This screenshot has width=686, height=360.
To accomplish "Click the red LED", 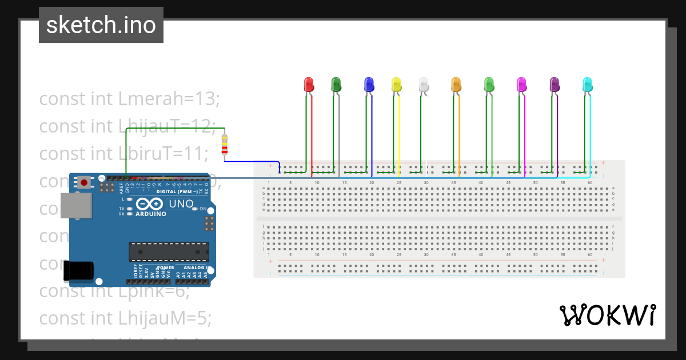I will point(309,85).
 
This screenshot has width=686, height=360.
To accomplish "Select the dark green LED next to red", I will point(336,85).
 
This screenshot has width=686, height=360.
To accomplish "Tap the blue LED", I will point(369,85).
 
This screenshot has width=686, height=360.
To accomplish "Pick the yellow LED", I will point(396,85).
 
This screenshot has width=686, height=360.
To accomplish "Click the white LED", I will point(423,85).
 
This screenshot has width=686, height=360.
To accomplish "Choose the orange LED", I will point(456,85).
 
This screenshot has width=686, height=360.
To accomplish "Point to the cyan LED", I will point(588,85).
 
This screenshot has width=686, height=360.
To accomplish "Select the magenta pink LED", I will point(521,85).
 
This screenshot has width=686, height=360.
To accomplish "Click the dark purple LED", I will point(555,85).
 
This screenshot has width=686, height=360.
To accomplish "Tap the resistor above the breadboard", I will point(225,145).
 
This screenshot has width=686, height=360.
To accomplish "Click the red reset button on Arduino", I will point(85,183).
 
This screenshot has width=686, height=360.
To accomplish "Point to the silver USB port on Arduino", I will point(76,206).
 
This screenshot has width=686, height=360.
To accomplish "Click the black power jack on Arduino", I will point(78,270).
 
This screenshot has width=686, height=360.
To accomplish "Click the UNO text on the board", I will point(181,204).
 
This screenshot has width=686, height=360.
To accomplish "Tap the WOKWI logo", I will point(607,315).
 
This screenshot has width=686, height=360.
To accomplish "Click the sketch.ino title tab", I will point(101,25).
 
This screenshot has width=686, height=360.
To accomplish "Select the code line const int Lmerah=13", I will point(129,98).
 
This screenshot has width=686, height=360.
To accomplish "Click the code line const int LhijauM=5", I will point(125,318).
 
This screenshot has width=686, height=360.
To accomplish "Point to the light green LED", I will point(489,85).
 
